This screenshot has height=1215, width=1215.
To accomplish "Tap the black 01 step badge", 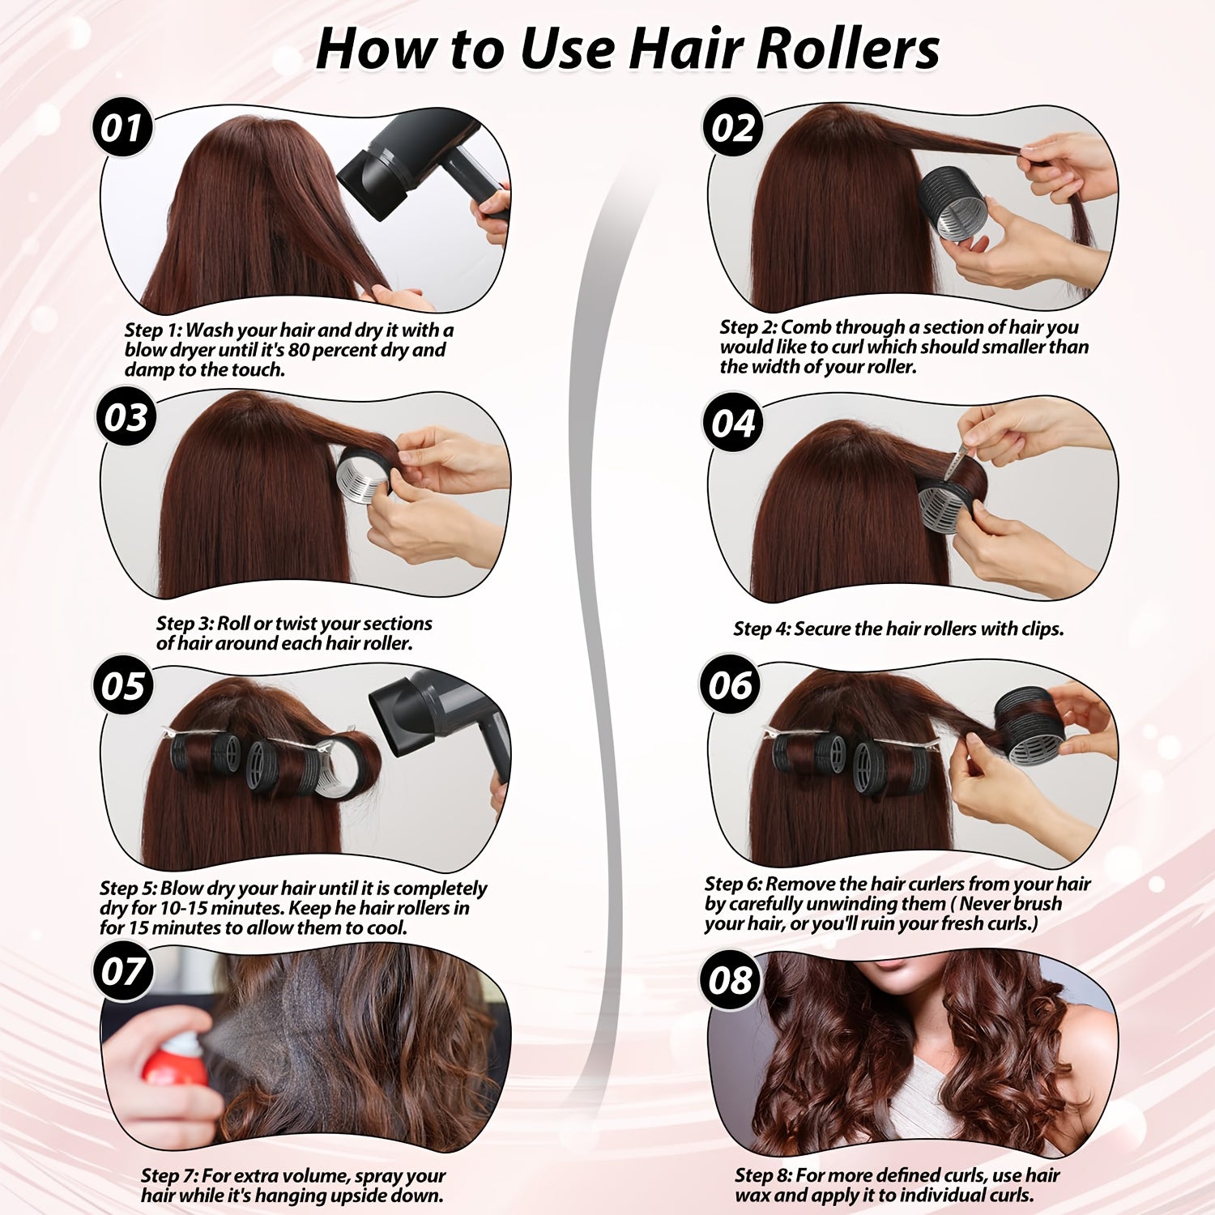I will coord(122,128).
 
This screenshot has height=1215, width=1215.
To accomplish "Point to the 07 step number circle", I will coord(122,971).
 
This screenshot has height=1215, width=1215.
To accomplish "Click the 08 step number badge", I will coord(731,981).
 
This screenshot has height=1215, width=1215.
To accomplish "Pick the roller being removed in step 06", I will coord(1029,727).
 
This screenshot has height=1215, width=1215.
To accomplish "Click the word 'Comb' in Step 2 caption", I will coord(805,327).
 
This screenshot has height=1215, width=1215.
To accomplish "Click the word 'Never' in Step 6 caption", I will coord(984,904).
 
